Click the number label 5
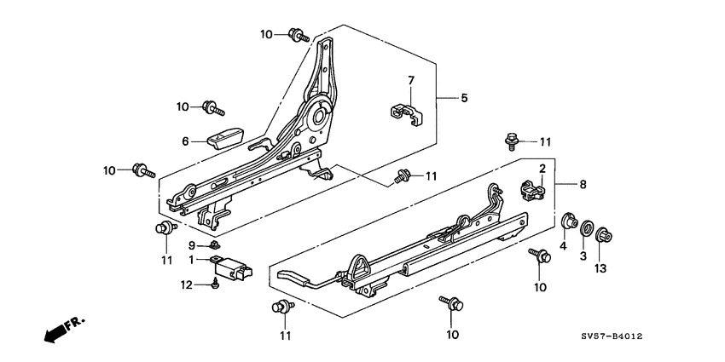click(x=464, y=99)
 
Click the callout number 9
click(x=193, y=245)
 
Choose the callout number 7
click(x=410, y=81)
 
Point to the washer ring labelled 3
click(x=585, y=227)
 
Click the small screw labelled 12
click(x=213, y=284)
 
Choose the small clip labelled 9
click(x=214, y=246)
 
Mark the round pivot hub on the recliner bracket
click(x=323, y=114)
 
